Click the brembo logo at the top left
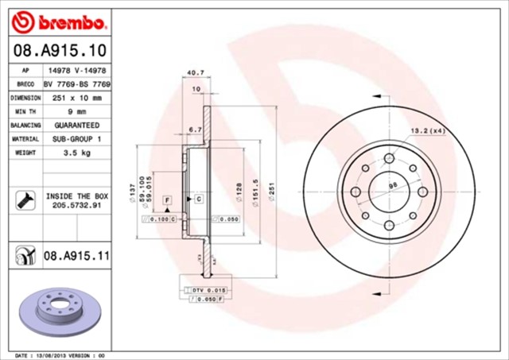tap(60, 17)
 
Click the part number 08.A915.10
tap(60, 50)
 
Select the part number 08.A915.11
tap(76, 255)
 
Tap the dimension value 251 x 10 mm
tap(76, 98)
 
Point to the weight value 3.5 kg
tap(76, 152)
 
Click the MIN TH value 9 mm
tap(76, 112)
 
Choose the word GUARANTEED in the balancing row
tap(76, 126)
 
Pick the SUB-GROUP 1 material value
tap(76, 139)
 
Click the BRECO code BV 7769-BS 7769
tap(76, 83)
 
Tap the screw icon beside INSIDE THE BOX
tap(24, 199)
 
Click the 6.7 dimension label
tap(195, 129)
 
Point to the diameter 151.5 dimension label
tap(255, 190)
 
